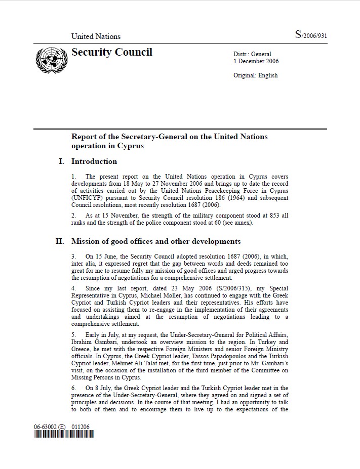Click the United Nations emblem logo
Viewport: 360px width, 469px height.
point(51,60)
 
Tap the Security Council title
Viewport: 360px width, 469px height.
point(111,52)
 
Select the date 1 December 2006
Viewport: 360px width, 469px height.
point(256,62)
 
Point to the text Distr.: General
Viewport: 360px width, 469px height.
point(252,54)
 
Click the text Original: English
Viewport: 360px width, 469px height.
point(255,76)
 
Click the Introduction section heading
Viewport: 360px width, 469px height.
point(94,162)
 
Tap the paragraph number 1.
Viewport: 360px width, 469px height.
point(73,177)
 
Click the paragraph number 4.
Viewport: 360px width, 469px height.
point(73,288)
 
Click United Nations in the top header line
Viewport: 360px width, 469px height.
point(96,36)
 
